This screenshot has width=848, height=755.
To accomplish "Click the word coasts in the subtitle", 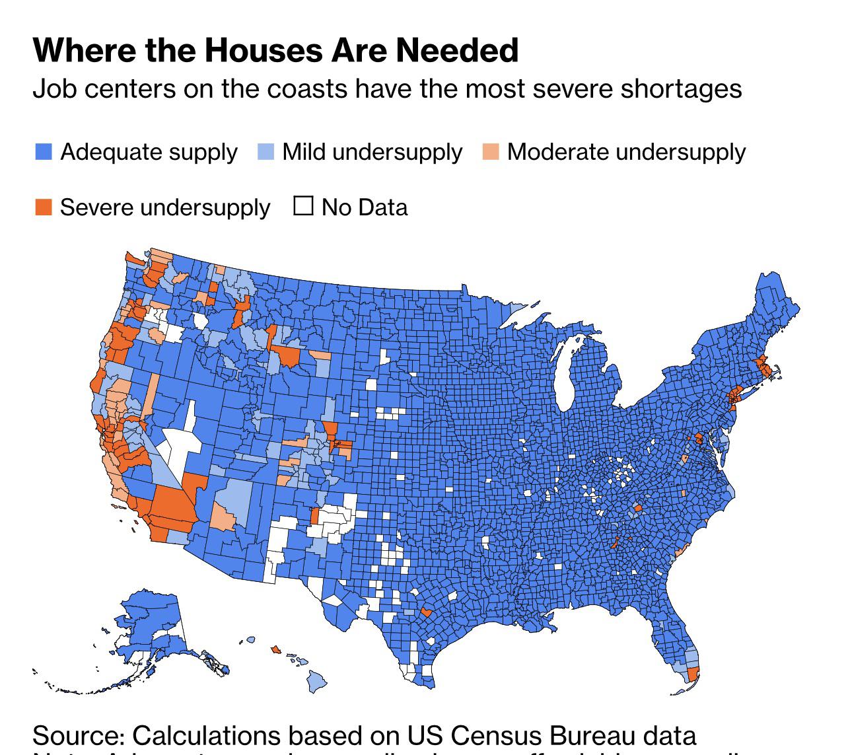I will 306,89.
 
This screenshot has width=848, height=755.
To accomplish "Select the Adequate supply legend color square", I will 44,152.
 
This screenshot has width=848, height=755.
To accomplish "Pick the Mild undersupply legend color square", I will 265,152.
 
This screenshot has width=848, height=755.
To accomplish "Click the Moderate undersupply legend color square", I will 491,152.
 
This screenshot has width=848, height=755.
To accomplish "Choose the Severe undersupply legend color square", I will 44,207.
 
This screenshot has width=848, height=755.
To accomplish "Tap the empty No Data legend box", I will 303,207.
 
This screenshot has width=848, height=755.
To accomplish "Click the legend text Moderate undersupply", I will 626,152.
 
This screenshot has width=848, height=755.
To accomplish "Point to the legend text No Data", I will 364,207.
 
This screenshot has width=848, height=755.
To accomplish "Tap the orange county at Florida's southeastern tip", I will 693,674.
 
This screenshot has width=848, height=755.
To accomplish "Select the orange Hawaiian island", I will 275,649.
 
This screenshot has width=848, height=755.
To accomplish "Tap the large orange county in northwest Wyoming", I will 289,357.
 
